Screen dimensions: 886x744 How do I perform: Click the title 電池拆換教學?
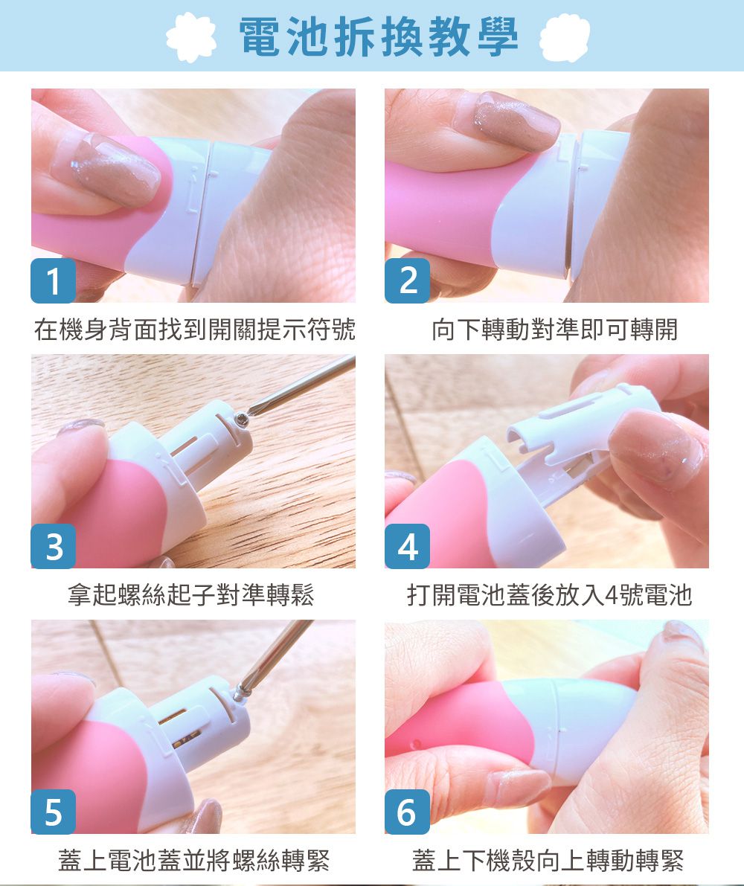point(379,36)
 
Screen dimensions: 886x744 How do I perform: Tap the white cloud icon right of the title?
point(565,37)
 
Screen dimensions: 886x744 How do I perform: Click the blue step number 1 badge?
point(52,280)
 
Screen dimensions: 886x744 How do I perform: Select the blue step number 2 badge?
point(407,280)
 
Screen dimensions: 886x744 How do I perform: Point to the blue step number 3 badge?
point(52,546)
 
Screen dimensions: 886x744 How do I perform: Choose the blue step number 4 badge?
point(407,546)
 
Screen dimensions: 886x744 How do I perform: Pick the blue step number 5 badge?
point(52,812)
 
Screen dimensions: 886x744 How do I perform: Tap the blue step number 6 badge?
point(407,812)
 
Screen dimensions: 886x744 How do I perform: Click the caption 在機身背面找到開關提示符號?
point(193,329)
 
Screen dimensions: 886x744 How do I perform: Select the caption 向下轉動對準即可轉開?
point(555,329)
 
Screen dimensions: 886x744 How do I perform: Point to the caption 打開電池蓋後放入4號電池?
point(549,594)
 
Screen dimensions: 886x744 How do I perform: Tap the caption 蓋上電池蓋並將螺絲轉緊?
point(193,861)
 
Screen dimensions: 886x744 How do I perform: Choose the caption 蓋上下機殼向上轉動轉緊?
point(548,861)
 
